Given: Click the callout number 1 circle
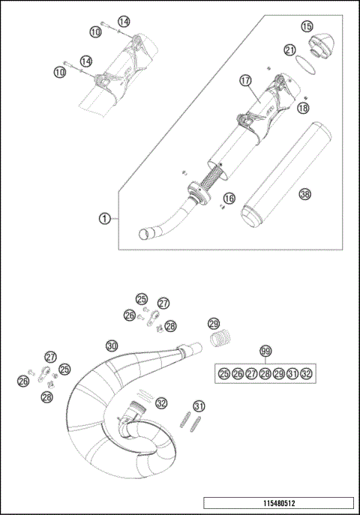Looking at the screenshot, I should [106, 218].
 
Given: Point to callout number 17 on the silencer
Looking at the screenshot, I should [244, 79].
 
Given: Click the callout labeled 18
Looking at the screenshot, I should [302, 108].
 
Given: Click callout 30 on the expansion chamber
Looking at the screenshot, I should [111, 346].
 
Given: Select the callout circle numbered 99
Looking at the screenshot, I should [265, 351].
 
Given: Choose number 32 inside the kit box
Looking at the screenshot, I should [305, 374].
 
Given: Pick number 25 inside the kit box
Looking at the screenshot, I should [223, 374].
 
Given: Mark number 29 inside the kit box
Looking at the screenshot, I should [278, 374].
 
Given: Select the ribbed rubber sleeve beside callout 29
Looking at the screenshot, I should [220, 340].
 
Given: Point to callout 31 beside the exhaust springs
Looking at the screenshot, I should [199, 406].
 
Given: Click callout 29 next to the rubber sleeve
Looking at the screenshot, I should [214, 323].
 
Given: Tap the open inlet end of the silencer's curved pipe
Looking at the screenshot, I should [143, 234].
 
